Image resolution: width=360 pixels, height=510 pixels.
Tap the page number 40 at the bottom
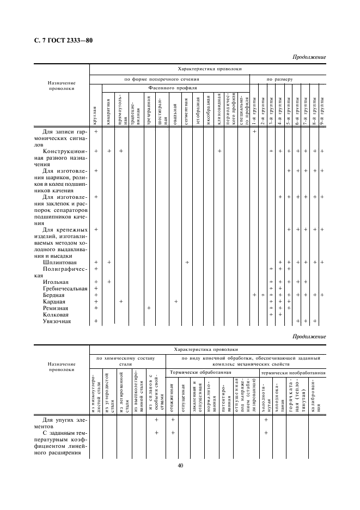[x=180, y=465]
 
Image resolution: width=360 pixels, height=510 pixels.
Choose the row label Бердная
[x=53, y=295]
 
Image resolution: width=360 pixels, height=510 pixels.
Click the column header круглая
[x=95, y=115]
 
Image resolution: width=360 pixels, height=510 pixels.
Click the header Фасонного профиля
[x=173, y=88]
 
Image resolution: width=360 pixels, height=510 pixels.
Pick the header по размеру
[x=279, y=79]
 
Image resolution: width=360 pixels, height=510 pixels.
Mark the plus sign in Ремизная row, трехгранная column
[x=148, y=308]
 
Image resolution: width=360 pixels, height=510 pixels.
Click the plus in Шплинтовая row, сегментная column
[x=187, y=263]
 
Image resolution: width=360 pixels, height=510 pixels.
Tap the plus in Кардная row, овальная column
[x=175, y=301]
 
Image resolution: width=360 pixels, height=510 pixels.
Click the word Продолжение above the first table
[x=309, y=57]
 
